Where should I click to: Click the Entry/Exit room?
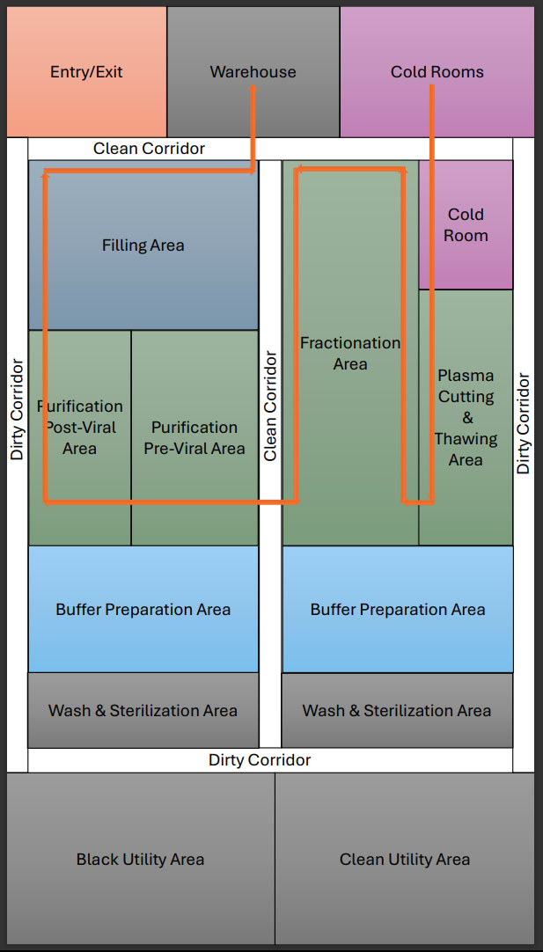(86, 72)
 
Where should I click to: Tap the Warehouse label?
(253, 72)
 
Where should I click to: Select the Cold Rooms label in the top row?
(437, 72)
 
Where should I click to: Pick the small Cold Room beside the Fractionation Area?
(466, 225)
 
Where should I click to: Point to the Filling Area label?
(143, 245)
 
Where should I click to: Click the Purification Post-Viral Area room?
(79, 428)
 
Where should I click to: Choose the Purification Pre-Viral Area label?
(194, 438)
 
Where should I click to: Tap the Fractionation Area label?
(350, 354)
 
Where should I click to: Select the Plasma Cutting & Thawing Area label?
(466, 418)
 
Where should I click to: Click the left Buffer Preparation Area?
(143, 610)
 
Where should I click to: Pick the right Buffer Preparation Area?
(398, 610)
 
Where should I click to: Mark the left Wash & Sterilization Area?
(143, 711)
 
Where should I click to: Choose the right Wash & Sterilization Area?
(397, 711)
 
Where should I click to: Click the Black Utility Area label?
(140, 860)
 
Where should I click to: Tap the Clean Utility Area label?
(405, 860)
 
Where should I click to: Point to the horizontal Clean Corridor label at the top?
(149, 149)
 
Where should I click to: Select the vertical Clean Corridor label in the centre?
(270, 406)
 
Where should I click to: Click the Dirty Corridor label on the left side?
(17, 409)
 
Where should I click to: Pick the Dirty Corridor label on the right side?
(524, 424)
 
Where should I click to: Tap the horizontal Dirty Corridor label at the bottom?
(260, 760)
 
